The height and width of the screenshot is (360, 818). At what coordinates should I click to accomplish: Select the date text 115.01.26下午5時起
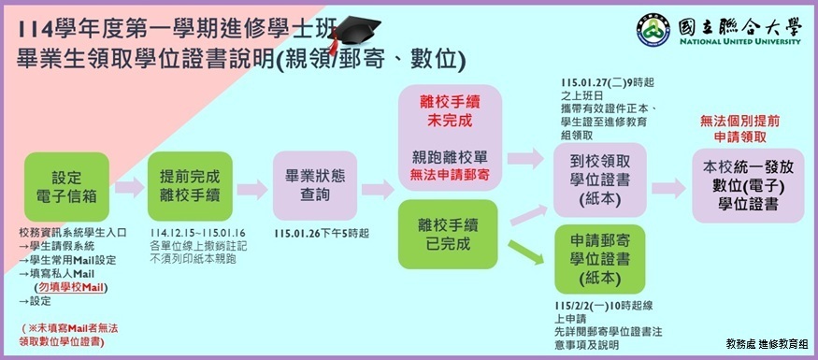[322, 233]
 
